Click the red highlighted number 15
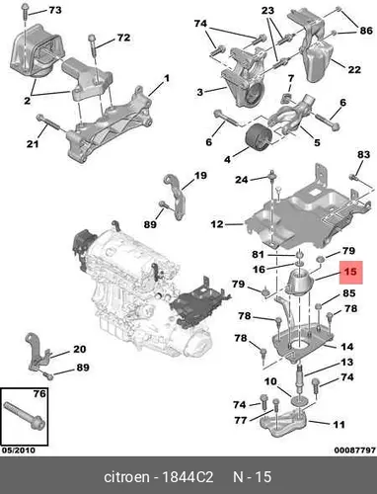(x=350, y=272)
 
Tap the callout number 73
(x=55, y=10)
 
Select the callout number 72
(x=123, y=38)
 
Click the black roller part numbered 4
(x=259, y=139)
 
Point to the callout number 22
(x=354, y=69)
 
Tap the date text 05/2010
(x=19, y=450)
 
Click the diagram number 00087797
(x=355, y=450)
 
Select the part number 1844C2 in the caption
(x=187, y=477)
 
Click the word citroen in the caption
(x=126, y=477)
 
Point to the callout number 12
(x=217, y=224)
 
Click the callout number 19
(x=200, y=175)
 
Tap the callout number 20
(x=79, y=349)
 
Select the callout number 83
(x=364, y=154)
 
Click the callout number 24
(x=241, y=180)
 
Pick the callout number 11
(x=338, y=424)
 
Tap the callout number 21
(x=33, y=143)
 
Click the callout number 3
(x=200, y=92)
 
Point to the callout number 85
(x=349, y=292)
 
